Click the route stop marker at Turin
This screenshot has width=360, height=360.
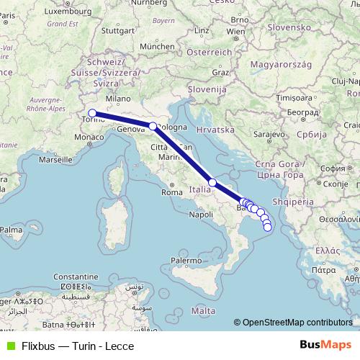click(92, 112)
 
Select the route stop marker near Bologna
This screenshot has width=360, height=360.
click(153, 126)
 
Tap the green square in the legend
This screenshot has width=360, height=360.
click(8, 346)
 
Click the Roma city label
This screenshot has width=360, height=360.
click(171, 192)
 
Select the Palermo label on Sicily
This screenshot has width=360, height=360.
click(186, 259)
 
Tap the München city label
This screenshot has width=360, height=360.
click(158, 45)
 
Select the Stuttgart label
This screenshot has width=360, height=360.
click(119, 31)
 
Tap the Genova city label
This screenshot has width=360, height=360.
click(131, 130)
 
